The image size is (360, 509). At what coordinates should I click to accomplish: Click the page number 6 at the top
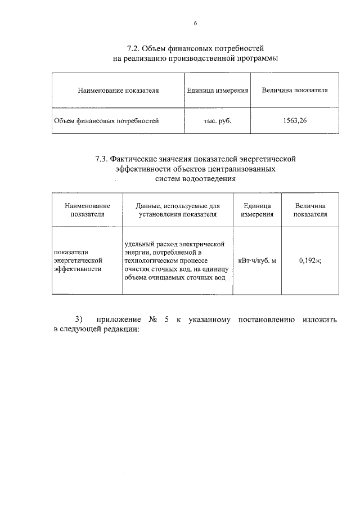(x=195, y=23)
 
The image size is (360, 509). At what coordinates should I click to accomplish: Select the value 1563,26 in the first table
(x=295, y=120)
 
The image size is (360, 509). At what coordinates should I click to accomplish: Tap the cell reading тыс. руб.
(x=217, y=120)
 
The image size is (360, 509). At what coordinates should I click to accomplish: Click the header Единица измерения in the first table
(x=217, y=90)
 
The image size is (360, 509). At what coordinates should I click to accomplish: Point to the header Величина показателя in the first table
(x=295, y=90)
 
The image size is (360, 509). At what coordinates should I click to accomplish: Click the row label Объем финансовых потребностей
(x=106, y=120)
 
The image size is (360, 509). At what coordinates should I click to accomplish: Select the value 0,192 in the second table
(x=308, y=260)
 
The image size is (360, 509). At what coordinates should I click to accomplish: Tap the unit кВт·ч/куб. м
(x=257, y=260)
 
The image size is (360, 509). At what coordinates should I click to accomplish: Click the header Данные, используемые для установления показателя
(x=178, y=210)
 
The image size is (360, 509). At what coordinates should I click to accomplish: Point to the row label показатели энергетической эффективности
(x=77, y=260)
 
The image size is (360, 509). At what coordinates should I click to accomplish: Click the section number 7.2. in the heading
(x=136, y=49)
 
